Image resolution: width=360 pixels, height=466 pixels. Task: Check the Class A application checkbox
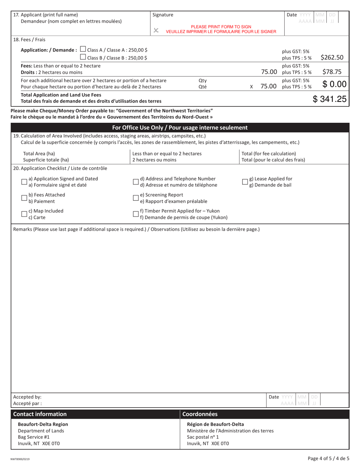(x=83, y=50)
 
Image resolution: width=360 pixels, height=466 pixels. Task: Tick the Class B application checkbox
(x=83, y=57)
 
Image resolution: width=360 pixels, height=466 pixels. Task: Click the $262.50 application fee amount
(x=332, y=58)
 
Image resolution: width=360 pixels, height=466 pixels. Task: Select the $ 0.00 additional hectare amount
(x=334, y=84)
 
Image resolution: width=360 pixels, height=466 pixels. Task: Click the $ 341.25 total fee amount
(x=329, y=99)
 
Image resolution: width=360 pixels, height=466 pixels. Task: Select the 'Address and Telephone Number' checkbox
(x=136, y=182)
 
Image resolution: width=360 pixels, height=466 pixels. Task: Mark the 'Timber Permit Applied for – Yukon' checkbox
(x=136, y=214)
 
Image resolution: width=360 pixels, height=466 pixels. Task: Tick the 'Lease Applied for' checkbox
(x=245, y=182)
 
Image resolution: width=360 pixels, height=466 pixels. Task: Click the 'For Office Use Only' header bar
(x=180, y=128)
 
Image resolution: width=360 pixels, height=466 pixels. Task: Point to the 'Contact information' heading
(x=40, y=414)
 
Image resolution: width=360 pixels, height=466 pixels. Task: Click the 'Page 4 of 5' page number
(x=329, y=458)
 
